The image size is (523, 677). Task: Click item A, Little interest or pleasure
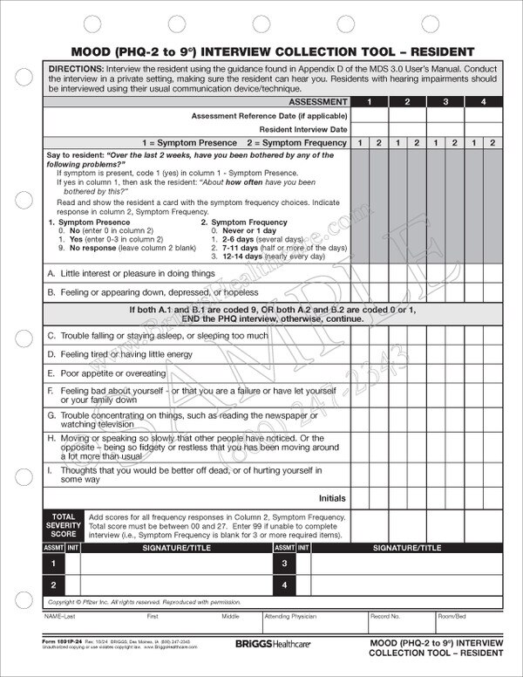tap(131, 273)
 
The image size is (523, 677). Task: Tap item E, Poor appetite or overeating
tap(106, 373)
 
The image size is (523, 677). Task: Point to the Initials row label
tap(331, 498)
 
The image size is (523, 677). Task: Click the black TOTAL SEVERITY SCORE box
tap(65, 526)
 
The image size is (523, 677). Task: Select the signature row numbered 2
tap(53, 585)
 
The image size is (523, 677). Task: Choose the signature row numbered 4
tap(283, 585)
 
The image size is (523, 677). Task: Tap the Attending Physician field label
tap(288, 616)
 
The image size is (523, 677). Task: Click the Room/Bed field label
tap(452, 616)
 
